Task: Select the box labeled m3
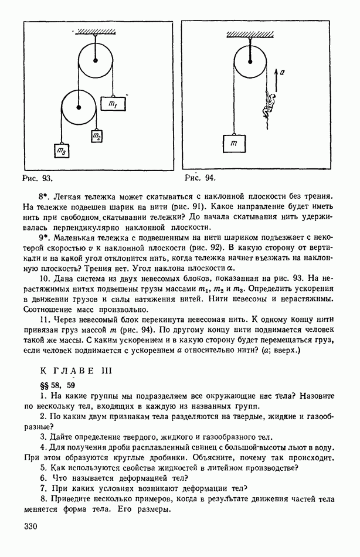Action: tap(61, 151)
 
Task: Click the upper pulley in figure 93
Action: tap(94, 59)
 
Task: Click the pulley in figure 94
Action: tap(250, 60)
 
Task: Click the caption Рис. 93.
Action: tap(38, 176)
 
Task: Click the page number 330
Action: tap(31, 526)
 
